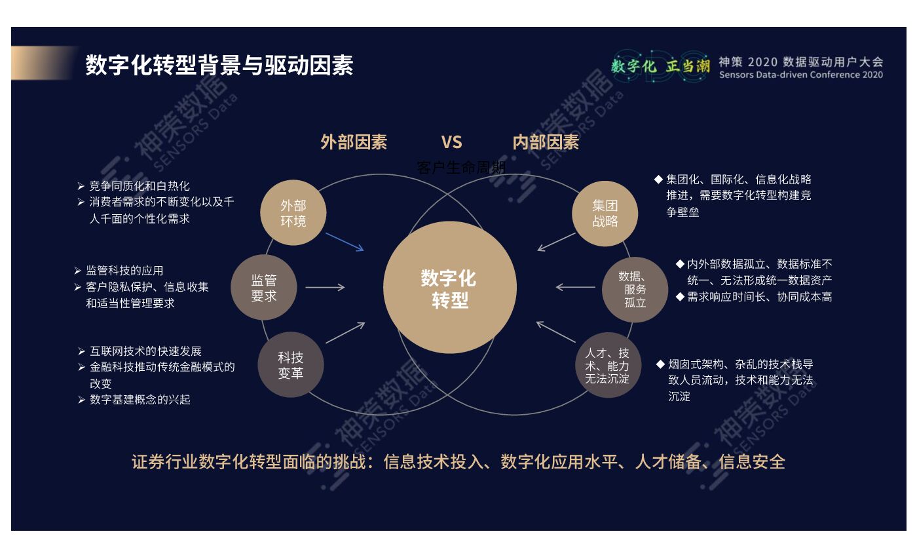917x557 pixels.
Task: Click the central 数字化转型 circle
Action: pos(450,287)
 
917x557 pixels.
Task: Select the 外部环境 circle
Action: pos(293,213)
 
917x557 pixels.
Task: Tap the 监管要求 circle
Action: pos(263,288)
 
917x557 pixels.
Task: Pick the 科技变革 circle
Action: pos(290,365)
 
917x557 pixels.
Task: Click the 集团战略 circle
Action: pos(605,213)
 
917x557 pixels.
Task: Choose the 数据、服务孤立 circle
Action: pos(635,289)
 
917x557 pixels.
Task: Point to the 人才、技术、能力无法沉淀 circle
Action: pos(607,365)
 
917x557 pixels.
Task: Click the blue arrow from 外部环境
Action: pos(345,242)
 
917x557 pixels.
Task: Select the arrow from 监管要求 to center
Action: pos(325,287)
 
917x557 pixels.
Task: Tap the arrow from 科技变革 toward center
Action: pos(345,332)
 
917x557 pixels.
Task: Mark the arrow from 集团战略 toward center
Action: pos(556,242)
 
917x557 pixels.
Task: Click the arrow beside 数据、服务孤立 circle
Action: pos(575,287)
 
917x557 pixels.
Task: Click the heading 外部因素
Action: pos(354,142)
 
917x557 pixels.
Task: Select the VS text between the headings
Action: pos(451,142)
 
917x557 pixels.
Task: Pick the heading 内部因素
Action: pos(546,142)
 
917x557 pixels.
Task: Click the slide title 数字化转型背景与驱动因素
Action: pos(219,66)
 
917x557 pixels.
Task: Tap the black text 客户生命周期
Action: pos(461,168)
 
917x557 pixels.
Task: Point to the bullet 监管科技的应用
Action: pos(124,271)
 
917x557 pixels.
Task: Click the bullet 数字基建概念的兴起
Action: pos(140,399)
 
